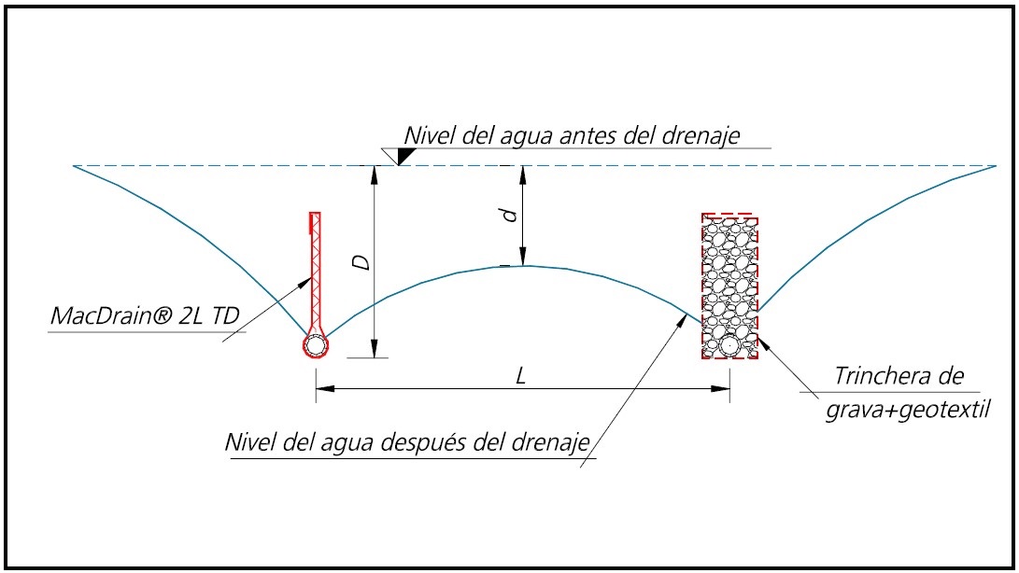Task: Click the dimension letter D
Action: (361, 262)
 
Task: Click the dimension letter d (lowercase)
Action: (511, 215)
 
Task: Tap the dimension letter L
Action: (520, 375)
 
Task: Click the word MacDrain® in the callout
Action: (112, 315)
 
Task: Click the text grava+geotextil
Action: (908, 411)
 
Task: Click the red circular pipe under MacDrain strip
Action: (316, 345)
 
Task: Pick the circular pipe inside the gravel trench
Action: (729, 345)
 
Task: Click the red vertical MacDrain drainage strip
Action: (315, 273)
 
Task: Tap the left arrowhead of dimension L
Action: (325, 388)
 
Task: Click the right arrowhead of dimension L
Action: (721, 388)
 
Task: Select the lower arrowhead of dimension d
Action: (522, 257)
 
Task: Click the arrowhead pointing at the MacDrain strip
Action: (304, 284)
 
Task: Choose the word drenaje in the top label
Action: (701, 135)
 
